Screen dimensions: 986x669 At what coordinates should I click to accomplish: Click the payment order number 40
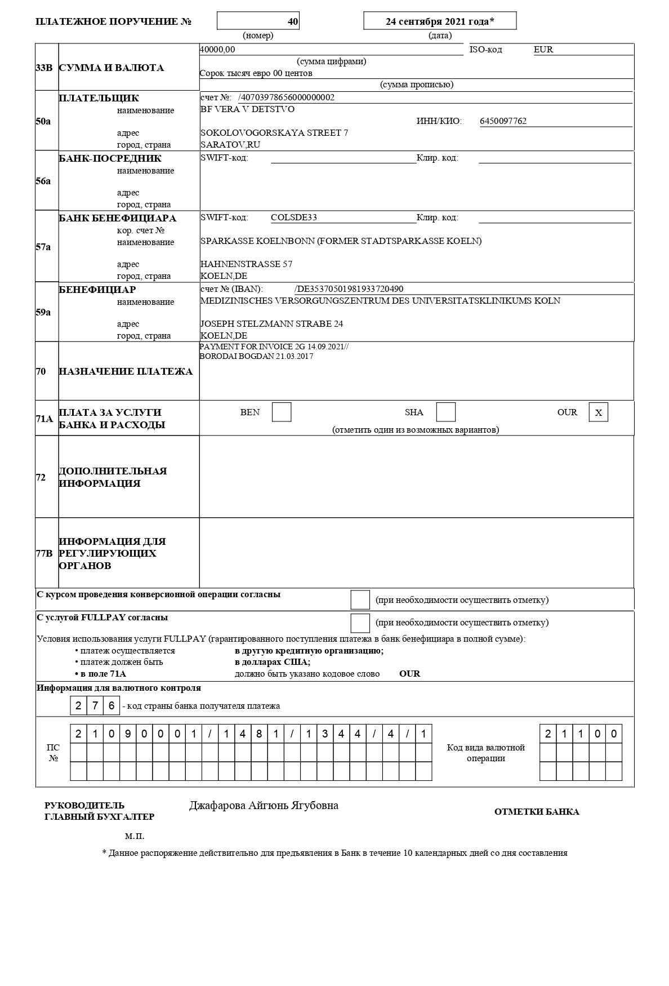292,21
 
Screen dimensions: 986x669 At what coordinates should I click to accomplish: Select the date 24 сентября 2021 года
440,21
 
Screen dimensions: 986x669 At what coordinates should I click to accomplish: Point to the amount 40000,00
217,50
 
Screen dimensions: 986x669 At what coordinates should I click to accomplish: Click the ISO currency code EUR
543,50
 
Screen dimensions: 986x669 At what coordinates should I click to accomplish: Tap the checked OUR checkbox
598,412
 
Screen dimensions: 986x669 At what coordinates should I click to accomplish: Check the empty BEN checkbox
282,412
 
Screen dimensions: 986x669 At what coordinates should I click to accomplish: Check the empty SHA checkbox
445,412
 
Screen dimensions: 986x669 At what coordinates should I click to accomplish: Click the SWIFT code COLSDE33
293,217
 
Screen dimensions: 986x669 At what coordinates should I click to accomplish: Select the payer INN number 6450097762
503,121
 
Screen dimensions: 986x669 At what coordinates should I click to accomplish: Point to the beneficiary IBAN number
349,289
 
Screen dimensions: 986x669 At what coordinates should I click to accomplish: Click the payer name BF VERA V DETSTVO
247,109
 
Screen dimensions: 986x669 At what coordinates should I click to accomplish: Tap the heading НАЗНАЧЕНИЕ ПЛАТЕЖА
126,371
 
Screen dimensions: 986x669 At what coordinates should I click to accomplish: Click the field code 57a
43,247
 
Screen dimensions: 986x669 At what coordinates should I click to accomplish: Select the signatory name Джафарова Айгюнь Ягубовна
264,806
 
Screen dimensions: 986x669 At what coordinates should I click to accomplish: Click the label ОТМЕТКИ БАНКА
536,812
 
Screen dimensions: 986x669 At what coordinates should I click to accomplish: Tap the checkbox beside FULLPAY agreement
360,623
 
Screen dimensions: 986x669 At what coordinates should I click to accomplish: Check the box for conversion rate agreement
360,599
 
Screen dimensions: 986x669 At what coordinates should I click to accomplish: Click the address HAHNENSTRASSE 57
246,264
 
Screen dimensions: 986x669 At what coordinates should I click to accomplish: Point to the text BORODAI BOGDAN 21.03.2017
256,357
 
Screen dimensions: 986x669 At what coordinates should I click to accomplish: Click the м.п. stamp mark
135,836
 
